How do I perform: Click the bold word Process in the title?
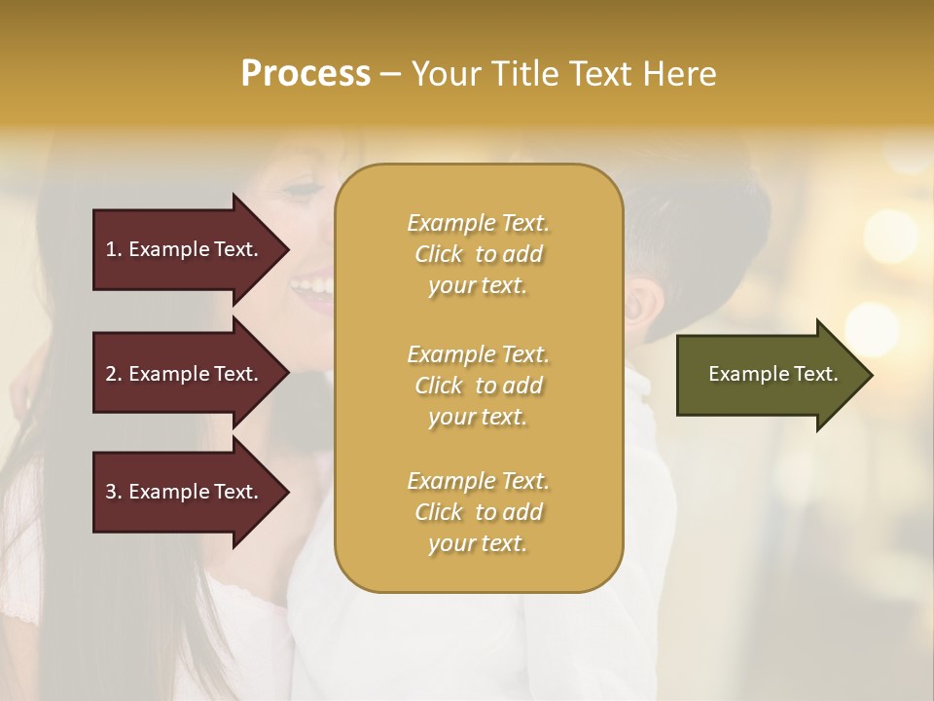(305, 74)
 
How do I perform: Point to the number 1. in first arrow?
(114, 249)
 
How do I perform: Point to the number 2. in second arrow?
(114, 374)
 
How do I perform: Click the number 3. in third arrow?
(114, 492)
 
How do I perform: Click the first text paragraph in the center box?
(479, 254)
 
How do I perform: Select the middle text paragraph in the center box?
(479, 386)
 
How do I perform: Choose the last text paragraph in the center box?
(479, 512)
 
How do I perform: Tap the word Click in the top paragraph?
(439, 254)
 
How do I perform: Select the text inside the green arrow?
(772, 374)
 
